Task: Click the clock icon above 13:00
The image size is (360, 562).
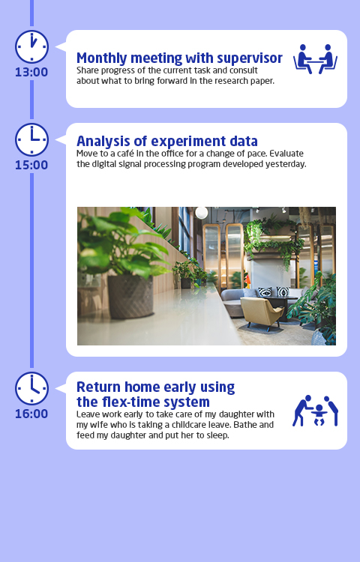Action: coord(31,47)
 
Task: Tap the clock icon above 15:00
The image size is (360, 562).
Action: coord(31,140)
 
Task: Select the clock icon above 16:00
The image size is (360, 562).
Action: coord(31,388)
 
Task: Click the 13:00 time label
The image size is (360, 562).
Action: coord(31,72)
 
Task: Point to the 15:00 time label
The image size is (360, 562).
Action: coord(31,165)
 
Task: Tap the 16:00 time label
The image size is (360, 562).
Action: coord(31,414)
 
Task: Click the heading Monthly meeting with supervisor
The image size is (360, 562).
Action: coord(180,58)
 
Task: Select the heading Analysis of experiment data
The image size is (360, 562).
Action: coord(167,141)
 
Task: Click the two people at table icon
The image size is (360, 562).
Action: coord(315,59)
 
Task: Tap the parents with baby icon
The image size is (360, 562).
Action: coord(315,411)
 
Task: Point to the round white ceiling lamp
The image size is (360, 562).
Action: coord(202,213)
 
